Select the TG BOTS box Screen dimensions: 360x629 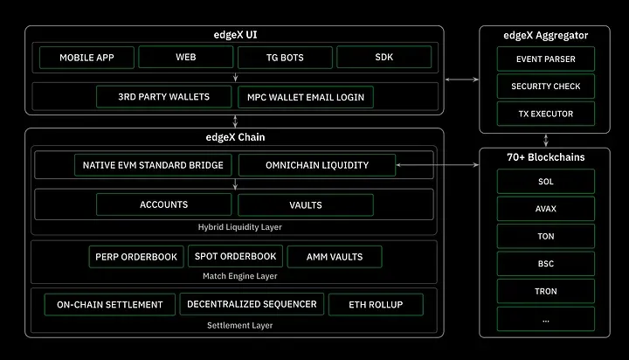(284, 58)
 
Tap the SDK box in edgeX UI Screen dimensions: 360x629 (383, 58)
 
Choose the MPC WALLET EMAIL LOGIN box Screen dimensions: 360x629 (305, 96)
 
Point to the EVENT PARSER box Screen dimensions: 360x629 (546, 59)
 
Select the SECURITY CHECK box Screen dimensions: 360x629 (546, 87)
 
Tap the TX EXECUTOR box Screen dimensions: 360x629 (546, 114)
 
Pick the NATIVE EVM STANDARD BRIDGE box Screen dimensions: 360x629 (153, 164)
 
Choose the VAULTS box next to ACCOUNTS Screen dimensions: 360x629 (305, 204)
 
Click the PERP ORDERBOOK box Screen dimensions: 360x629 (135, 257)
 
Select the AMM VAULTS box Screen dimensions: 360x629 (334, 257)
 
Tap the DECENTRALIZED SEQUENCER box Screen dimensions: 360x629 (252, 304)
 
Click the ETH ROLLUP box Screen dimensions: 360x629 (375, 304)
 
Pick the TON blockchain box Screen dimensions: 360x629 (546, 236)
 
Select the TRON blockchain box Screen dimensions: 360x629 (546, 290)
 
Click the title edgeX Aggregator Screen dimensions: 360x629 (546, 35)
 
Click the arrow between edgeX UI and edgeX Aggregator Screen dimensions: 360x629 (461, 80)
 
